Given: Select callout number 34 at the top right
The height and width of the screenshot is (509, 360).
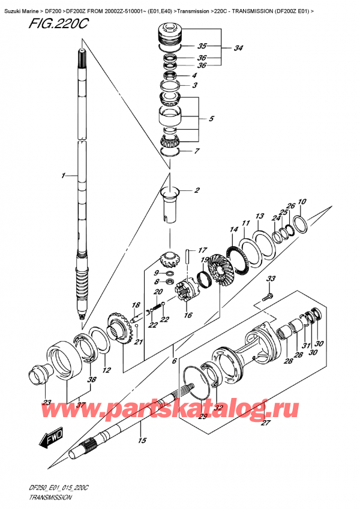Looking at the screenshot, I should (x=239, y=48).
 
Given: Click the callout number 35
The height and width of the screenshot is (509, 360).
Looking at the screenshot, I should (x=202, y=45).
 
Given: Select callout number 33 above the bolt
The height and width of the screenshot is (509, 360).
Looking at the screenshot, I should (x=271, y=279).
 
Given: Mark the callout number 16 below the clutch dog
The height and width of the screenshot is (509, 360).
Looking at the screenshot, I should (x=190, y=315).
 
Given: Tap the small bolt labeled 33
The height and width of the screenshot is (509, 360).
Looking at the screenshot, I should (x=266, y=296).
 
